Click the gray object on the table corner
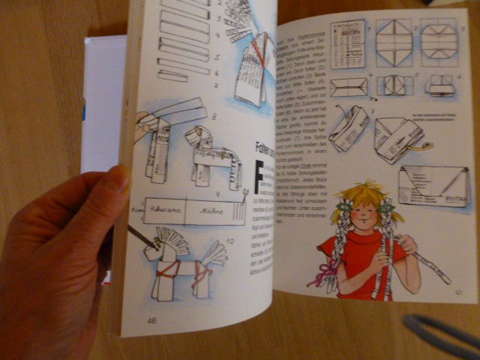tap(442, 334)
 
